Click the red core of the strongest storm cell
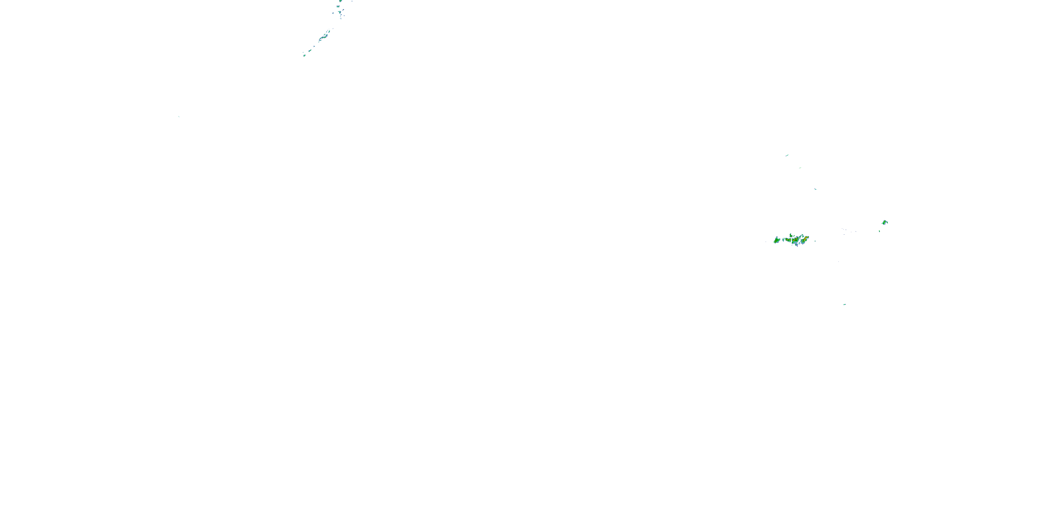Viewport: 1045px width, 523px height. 806,237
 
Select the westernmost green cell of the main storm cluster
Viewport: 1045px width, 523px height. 776,240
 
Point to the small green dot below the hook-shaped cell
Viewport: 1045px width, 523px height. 879,231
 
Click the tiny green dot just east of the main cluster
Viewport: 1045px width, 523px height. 815,241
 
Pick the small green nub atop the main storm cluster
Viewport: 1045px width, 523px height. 791,235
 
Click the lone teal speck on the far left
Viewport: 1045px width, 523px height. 178,116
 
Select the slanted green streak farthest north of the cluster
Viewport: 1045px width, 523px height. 787,155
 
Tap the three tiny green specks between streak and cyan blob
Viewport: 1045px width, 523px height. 799,168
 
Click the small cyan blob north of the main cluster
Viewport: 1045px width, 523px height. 815,189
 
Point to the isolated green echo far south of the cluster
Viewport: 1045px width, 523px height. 844,304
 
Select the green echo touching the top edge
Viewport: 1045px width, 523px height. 340,1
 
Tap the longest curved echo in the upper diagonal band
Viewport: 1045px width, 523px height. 323,37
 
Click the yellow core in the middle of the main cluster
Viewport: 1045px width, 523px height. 794,240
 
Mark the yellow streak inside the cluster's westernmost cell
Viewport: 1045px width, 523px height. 776,241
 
